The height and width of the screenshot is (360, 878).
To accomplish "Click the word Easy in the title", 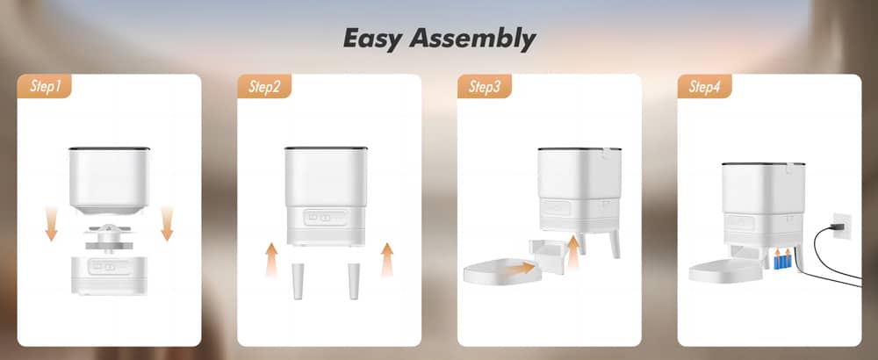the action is [371, 39].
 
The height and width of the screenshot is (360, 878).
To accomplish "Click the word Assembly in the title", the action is [472, 40].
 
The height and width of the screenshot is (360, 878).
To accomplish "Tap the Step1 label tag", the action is [45, 87].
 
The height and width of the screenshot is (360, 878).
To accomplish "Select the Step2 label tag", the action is [264, 87].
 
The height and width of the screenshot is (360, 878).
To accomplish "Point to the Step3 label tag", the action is [485, 87].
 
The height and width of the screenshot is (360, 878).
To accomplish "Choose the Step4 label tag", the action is [704, 87].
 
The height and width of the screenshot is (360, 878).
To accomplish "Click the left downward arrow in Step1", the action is [52, 223].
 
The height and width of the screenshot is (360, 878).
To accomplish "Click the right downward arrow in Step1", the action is [166, 223].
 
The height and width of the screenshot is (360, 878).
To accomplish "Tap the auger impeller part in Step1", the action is [109, 237].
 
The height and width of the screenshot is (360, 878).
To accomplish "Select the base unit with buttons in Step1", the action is [109, 274].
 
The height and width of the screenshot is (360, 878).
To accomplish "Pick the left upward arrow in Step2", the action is [271, 260].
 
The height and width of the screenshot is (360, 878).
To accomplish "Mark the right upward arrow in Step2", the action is [387, 260].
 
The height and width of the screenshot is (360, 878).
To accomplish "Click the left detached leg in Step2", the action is [298, 280].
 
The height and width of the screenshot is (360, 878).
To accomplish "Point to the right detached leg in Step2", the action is [354, 280].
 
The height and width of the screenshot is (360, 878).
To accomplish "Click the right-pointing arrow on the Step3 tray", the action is [520, 268].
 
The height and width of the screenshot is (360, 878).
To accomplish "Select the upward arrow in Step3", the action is [572, 254].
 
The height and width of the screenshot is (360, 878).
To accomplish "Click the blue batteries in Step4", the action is [781, 260].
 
